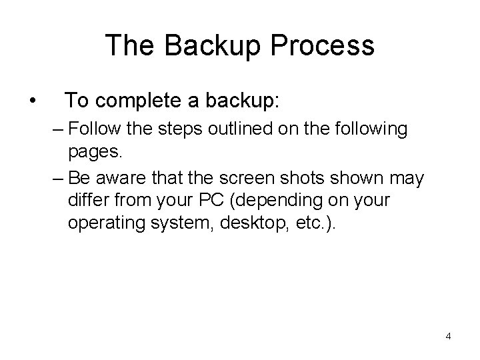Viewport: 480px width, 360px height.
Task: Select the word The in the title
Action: [x=131, y=46]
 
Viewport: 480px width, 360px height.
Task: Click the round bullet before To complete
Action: [x=32, y=102]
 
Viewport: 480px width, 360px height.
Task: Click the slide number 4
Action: [x=448, y=336]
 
